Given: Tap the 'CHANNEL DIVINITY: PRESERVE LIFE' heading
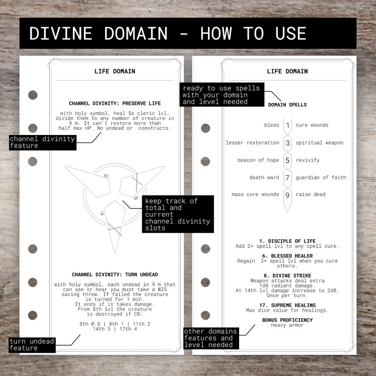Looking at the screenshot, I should coord(115,103).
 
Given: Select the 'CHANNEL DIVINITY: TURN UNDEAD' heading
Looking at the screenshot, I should coord(115,275).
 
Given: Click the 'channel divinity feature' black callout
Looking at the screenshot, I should coord(42,142).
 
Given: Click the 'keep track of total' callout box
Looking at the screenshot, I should coord(178,214).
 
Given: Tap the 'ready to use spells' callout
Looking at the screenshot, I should coord(221,95).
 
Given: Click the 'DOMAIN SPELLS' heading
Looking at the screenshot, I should coord(287,105).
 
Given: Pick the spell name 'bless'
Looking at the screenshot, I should coord(271,125).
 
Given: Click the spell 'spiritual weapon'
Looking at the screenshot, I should coord(319,143).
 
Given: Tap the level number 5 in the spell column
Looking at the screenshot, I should coord(287,161).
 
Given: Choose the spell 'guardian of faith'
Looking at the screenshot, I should coord(321,178).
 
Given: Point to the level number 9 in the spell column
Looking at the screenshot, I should coord(287,195).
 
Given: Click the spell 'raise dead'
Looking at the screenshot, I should coord(310,195).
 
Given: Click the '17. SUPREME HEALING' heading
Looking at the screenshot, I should coord(287,305).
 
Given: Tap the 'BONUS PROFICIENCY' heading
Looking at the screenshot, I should coord(287,320).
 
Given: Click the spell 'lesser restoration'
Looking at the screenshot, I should coord(252,143).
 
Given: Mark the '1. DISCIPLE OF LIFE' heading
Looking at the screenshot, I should coord(287,241).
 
